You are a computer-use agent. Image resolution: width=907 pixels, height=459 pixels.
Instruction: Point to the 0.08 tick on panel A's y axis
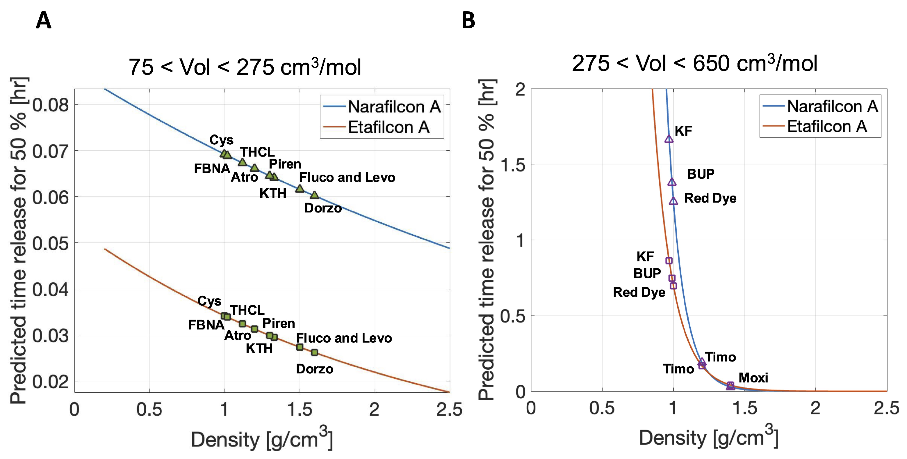pos(51,105)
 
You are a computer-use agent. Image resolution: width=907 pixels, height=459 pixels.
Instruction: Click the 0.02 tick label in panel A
pos(51,382)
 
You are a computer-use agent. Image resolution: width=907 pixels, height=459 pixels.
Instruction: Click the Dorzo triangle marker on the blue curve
pos(314,195)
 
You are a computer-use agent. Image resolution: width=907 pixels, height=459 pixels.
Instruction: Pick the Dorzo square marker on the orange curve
pos(314,352)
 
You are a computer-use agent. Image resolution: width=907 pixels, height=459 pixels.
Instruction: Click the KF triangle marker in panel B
pos(669,139)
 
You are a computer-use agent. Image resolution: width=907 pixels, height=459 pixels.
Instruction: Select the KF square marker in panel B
pos(669,260)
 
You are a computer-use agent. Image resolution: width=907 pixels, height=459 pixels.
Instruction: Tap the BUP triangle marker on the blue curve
pos(672,182)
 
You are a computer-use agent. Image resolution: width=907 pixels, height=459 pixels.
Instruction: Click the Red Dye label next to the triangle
pos(710,198)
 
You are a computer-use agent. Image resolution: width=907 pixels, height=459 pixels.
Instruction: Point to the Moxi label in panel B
pos(753,378)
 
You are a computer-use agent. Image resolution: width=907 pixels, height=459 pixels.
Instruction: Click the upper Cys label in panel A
pos(222,140)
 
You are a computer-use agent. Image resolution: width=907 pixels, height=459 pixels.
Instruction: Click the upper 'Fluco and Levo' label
pos(347,177)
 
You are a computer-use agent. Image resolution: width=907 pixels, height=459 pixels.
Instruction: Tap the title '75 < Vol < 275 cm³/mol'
pos(245,67)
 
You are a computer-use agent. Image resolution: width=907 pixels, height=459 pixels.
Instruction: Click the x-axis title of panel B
pos(708,439)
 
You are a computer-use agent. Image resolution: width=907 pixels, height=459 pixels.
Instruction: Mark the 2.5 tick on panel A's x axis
pos(449,410)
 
